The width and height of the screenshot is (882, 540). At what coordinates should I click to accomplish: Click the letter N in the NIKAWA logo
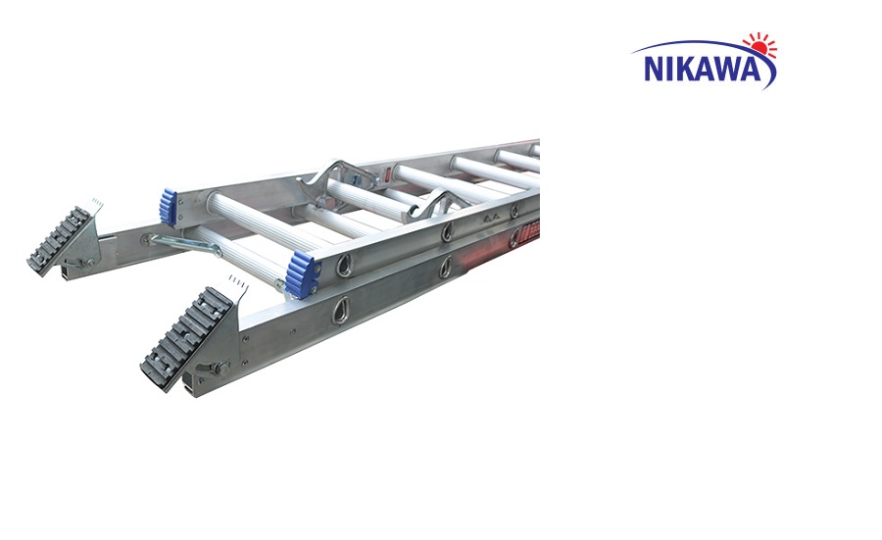pyautogui.click(x=655, y=69)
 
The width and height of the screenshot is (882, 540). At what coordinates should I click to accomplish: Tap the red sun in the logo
pyautogui.click(x=759, y=46)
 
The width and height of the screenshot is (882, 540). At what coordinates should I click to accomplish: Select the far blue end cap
pyautogui.click(x=168, y=207)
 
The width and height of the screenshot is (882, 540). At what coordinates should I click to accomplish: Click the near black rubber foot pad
pyautogui.click(x=186, y=339)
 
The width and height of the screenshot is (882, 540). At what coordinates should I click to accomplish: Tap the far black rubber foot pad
pyautogui.click(x=60, y=238)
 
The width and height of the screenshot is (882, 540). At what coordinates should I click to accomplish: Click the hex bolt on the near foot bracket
pyautogui.click(x=220, y=369)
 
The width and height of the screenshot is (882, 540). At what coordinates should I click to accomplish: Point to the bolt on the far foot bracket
pyautogui.click(x=89, y=262)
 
